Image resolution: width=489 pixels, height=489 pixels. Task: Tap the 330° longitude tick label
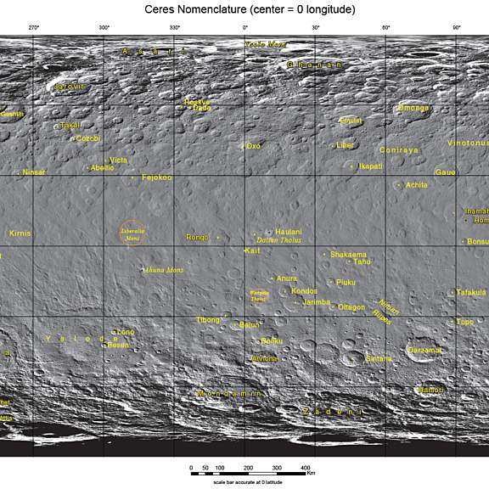pyautogui.click(x=174, y=28)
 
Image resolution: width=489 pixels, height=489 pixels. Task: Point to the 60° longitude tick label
pyautogui.click(x=385, y=28)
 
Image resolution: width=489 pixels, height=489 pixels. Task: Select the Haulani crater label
pyautogui.click(x=289, y=232)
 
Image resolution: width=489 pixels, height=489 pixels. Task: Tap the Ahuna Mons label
pyautogui.click(x=166, y=270)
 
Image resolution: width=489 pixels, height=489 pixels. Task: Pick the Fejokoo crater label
pyautogui.click(x=157, y=177)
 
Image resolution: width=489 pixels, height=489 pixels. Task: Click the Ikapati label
pyautogui.click(x=370, y=166)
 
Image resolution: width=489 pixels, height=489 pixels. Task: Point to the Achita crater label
pyautogui.click(x=417, y=184)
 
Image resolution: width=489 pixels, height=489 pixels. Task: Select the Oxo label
pyautogui.click(x=253, y=146)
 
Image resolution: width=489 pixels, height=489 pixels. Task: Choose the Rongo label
pyautogui.click(x=197, y=237)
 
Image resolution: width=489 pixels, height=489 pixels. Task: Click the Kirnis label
pyautogui.click(x=20, y=233)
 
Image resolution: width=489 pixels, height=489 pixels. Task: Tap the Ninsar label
pyautogui.click(x=34, y=171)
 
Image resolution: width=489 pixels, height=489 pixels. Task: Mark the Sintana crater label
pyautogui.click(x=379, y=359)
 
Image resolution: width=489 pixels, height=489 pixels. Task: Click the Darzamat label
pyautogui.click(x=424, y=350)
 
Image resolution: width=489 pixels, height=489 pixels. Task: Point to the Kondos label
pyautogui.click(x=304, y=290)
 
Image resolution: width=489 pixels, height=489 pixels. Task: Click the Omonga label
pyautogui.click(x=413, y=108)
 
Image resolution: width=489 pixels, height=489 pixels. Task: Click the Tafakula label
pyautogui.click(x=471, y=292)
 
